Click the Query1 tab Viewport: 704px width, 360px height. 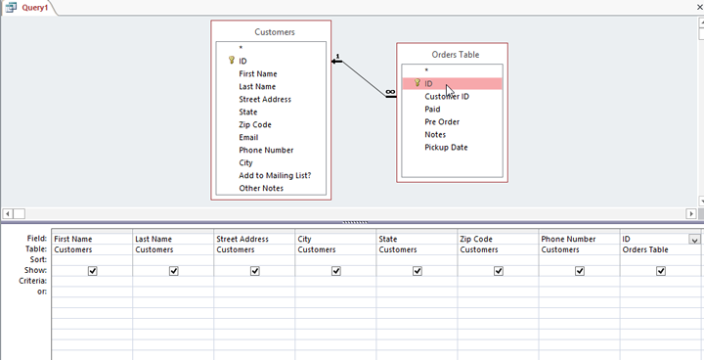pyautogui.click(x=26, y=8)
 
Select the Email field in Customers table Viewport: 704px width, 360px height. pyautogui.click(x=248, y=137)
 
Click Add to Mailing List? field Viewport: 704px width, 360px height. pyautogui.click(x=275, y=175)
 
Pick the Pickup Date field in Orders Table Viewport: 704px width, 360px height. pyautogui.click(x=446, y=148)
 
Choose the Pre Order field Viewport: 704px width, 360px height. pyautogui.click(x=442, y=122)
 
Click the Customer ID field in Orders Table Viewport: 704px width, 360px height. pyautogui.click(x=447, y=97)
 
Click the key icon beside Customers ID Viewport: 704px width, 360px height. pyautogui.click(x=232, y=61)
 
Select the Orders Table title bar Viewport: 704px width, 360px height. pyautogui.click(x=452, y=54)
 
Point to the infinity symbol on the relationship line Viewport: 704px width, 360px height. pyautogui.click(x=390, y=93)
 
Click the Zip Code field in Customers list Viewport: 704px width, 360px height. pyautogui.click(x=255, y=124)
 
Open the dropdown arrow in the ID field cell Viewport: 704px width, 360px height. pyautogui.click(x=694, y=239)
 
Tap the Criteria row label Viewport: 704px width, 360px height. pyautogui.click(x=32, y=282)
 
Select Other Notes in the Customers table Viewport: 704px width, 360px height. pyautogui.click(x=261, y=188)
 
